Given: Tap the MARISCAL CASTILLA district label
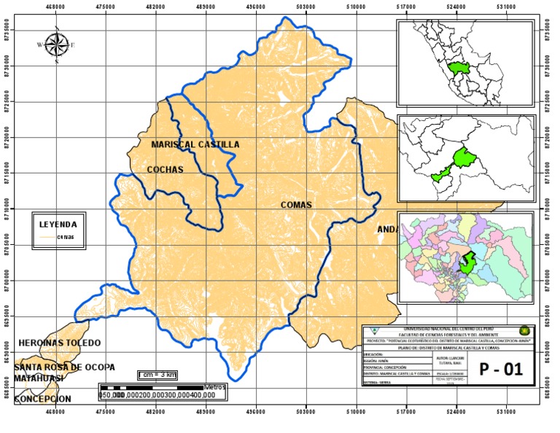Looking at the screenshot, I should pos(195,144).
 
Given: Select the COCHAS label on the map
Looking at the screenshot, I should pos(165,170).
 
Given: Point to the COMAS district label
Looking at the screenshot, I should pos(296,205).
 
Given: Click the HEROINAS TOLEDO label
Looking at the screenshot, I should pos(59,343).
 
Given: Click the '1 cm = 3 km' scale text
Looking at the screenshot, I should pos(157,375).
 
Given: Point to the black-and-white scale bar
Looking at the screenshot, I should pos(153,386).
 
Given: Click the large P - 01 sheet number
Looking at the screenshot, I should pos(501,370).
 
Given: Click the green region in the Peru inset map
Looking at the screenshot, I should pos(459,68).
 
